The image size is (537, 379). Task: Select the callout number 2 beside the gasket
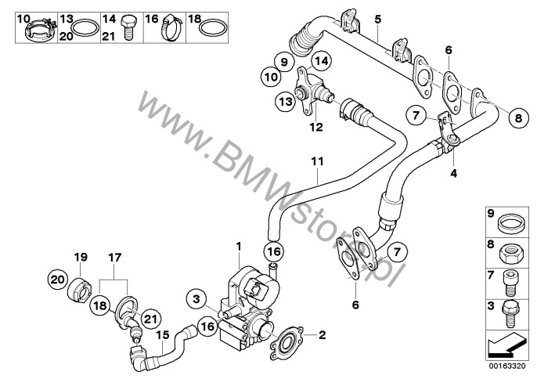coord(321,335)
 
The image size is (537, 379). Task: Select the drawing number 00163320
coord(510,364)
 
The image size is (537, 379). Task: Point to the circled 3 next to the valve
coord(197,297)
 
